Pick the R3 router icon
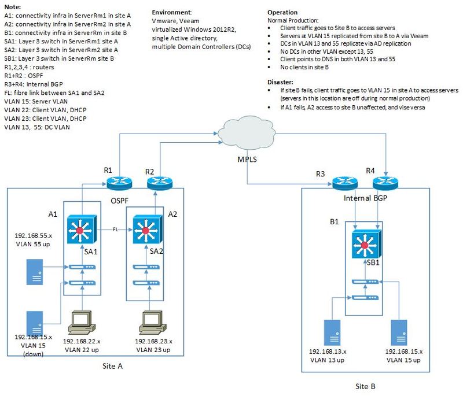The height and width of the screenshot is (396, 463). pyautogui.click(x=347, y=183)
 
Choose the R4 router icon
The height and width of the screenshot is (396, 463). pyautogui.click(x=385, y=183)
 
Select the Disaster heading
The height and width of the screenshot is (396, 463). pyautogui.click(x=283, y=82)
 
